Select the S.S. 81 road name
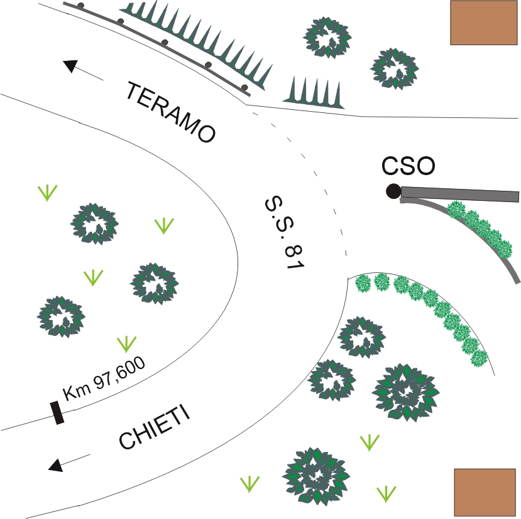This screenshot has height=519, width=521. pos(285,233)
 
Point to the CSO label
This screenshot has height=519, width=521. pos(408,166)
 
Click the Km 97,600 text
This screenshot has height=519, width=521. pos(104,378)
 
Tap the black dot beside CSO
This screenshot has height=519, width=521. pos(393,191)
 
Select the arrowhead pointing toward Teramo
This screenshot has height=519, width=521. pos(70,66)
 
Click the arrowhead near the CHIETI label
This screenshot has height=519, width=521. pos(55,465)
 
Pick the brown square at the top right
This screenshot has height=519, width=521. pos(484,23)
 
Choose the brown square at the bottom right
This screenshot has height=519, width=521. pos(485,492)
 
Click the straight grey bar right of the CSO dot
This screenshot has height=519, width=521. pos(460,194)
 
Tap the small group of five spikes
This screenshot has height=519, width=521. pos(314,93)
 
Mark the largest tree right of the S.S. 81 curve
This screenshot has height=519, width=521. pos(405,393)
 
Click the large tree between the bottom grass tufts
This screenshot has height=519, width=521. pos(315,475)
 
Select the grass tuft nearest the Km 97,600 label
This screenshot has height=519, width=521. pos(126,344)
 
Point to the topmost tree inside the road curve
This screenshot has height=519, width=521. pos(94,223)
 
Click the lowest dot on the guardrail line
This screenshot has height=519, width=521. pos(244,88)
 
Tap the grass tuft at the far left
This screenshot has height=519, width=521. pos(48,193)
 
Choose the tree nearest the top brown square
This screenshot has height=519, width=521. pos(395,68)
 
